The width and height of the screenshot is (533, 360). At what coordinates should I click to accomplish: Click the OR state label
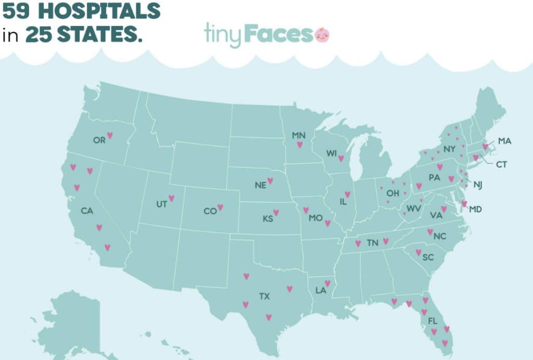[x=99, y=140]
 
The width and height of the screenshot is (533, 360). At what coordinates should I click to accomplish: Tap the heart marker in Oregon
[x=110, y=135]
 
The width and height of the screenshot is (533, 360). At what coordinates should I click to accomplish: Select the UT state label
[x=161, y=204]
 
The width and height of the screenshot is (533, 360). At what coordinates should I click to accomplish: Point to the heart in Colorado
[x=220, y=207]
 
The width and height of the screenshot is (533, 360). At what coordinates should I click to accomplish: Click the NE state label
[x=260, y=185]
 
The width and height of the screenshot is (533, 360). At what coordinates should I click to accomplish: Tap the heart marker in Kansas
[x=276, y=213]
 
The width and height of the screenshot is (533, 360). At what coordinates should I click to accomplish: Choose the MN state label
[x=298, y=135]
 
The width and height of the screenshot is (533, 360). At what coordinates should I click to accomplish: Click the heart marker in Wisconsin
[x=341, y=158]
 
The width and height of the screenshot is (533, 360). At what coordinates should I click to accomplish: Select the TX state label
[x=264, y=296]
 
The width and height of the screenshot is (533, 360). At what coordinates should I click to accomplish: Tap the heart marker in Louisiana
[x=327, y=283]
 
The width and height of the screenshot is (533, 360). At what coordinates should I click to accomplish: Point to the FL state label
[x=433, y=321]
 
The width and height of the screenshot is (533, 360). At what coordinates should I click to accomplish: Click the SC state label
[x=428, y=258]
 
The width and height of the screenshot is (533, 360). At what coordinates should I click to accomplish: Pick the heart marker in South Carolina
[x=418, y=253]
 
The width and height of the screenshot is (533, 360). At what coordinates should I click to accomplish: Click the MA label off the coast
[x=504, y=141]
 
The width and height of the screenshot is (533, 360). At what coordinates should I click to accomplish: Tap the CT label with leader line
[x=501, y=165]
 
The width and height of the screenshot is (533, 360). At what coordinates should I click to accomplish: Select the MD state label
[x=475, y=209]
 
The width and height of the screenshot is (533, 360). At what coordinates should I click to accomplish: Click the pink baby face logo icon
[x=322, y=34]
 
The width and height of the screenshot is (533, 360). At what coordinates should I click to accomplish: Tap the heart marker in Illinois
[x=347, y=194]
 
